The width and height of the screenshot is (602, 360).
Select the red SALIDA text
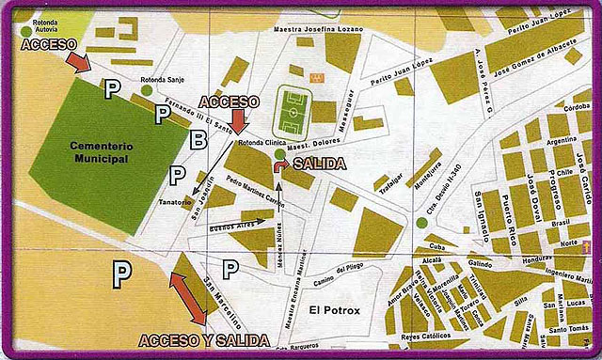(x=320, y=164)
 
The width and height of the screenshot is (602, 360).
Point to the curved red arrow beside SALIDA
(x=280, y=166)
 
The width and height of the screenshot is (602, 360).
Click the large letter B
(x=198, y=141)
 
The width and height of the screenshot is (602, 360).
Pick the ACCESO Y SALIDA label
(x=203, y=339)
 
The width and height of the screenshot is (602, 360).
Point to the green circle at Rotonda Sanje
(x=148, y=91)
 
